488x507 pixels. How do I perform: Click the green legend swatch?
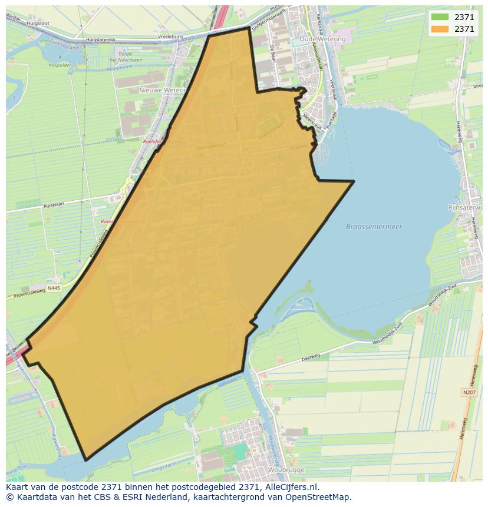click(440, 17)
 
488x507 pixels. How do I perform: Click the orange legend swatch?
click(440, 29)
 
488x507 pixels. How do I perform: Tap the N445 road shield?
click(54, 288)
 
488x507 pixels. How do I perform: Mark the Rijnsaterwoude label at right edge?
click(466, 208)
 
